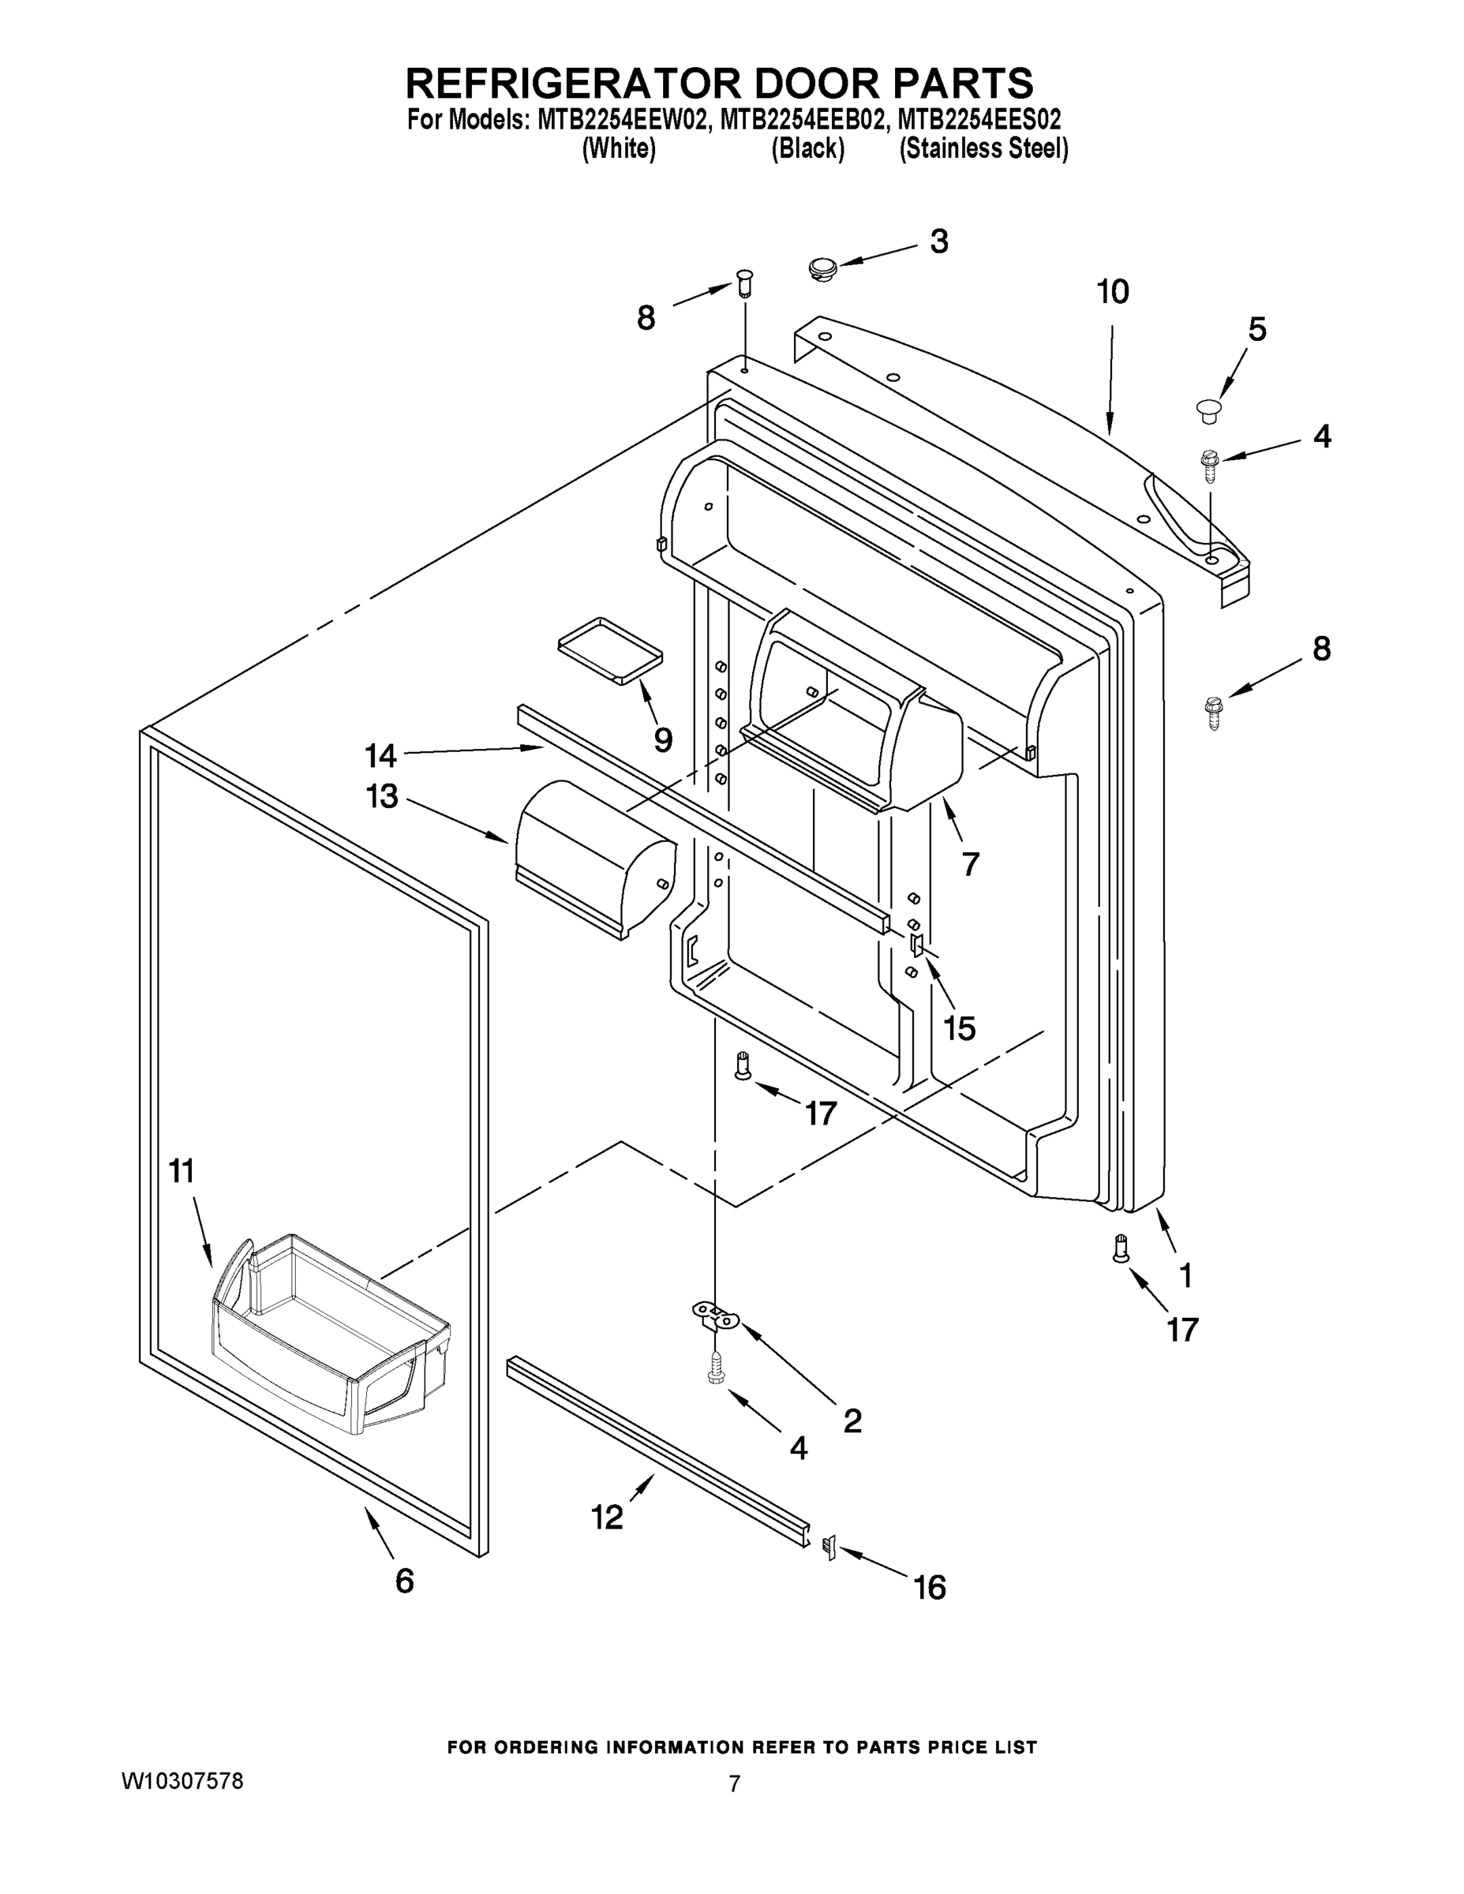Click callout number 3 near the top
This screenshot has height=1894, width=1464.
939,242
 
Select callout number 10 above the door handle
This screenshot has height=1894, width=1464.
1113,292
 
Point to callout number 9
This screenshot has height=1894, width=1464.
663,739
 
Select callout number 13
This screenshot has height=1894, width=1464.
382,795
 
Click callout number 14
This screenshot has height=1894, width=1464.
380,755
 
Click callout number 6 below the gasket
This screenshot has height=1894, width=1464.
404,1580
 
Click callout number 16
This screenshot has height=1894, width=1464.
930,1587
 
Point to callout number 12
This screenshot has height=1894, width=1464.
607,1517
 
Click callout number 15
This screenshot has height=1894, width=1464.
959,1027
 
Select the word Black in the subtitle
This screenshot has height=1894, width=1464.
807,149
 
